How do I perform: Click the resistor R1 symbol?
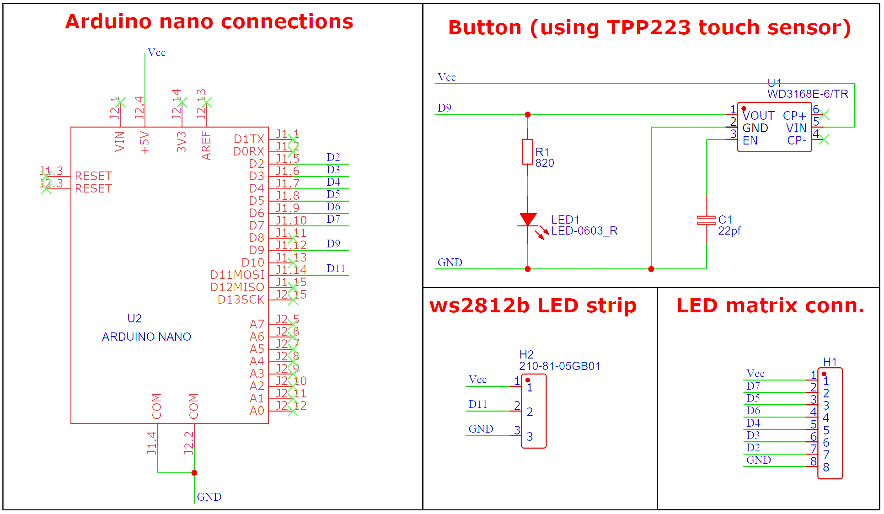point(527,152)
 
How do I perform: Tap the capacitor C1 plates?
point(706,220)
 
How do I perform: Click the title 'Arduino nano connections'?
point(209,21)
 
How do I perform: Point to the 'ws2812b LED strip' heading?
point(533,305)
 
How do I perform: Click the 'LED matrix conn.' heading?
point(770,305)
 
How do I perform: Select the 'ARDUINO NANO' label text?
point(146,337)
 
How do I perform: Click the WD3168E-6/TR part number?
point(808,94)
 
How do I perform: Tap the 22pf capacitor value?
point(729,231)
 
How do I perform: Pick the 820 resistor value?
point(545,163)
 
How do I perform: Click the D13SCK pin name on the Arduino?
point(241,300)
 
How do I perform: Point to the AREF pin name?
point(206,145)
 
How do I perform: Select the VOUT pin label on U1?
point(758,116)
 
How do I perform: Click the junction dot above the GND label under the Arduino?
point(194,472)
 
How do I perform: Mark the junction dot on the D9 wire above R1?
point(528,115)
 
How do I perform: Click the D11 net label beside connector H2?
point(477,404)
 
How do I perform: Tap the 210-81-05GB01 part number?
point(559,366)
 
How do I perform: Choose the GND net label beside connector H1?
point(758,460)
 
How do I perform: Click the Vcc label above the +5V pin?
point(156,53)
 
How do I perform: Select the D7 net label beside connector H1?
point(753,386)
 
